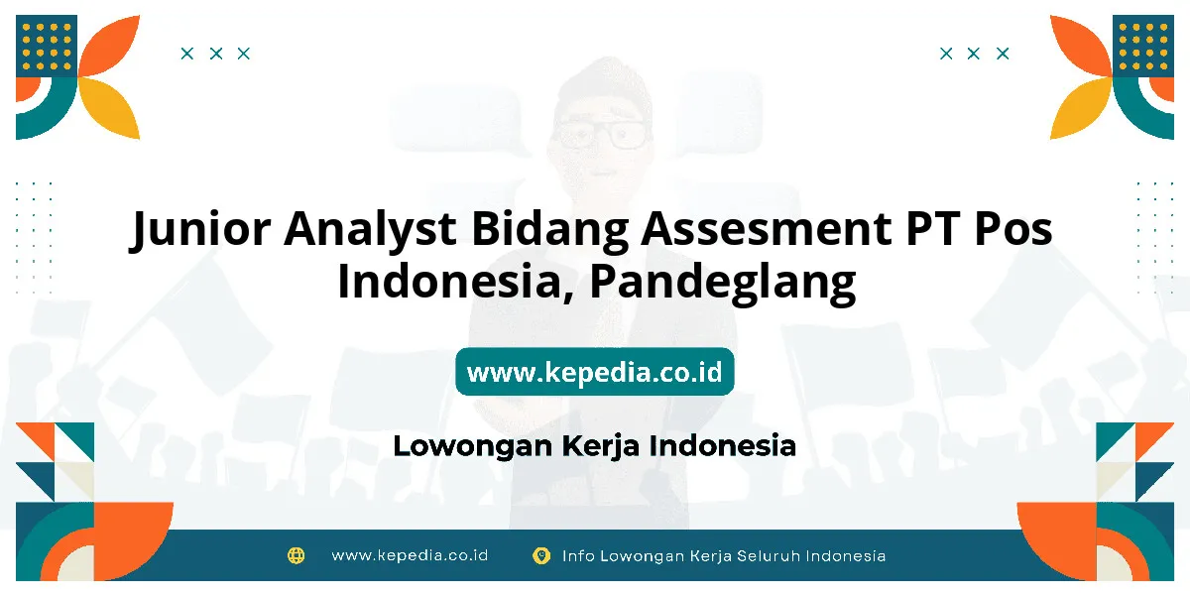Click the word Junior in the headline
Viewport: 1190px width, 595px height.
click(200, 229)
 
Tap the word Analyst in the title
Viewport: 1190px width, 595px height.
click(370, 228)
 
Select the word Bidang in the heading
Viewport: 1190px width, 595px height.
click(549, 229)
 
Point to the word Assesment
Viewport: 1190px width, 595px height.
click(766, 228)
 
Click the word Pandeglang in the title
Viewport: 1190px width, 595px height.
click(723, 283)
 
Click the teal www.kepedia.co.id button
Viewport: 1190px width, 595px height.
click(594, 371)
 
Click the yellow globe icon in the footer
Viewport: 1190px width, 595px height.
click(296, 555)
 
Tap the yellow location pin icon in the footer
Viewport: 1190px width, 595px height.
click(540, 555)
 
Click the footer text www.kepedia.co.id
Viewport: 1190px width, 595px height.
click(410, 555)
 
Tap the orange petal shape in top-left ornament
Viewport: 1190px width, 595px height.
click(110, 46)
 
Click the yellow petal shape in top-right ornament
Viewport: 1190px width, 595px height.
click(1081, 108)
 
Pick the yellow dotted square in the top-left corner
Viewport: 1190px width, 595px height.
click(47, 46)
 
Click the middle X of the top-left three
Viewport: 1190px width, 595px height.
click(216, 54)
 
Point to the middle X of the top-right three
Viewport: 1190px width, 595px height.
click(973, 54)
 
